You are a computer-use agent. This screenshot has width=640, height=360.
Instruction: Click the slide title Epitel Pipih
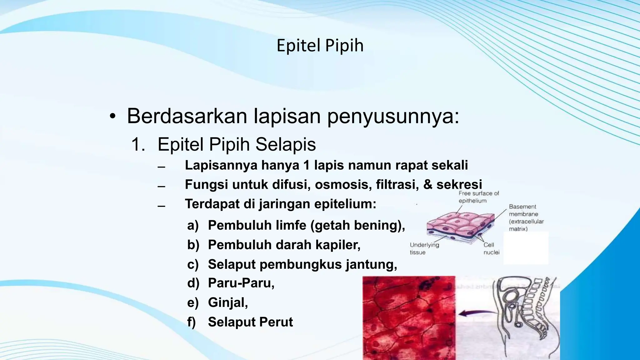click(x=320, y=46)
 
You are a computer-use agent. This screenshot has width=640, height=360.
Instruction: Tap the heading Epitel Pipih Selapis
click(x=237, y=144)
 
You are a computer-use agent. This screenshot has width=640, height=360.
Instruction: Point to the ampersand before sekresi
click(x=427, y=185)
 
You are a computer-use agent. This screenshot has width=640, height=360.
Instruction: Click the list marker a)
click(x=193, y=225)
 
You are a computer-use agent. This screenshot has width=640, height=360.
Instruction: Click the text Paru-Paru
click(x=241, y=283)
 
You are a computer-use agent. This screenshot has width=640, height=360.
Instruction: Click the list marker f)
click(x=192, y=322)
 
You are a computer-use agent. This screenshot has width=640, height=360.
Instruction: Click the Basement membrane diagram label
click(x=526, y=218)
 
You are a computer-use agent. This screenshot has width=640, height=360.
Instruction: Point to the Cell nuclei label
click(x=492, y=249)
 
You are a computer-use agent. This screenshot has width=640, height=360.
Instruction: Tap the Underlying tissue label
click(x=424, y=249)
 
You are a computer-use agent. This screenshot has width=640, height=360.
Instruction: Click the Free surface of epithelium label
click(x=478, y=197)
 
